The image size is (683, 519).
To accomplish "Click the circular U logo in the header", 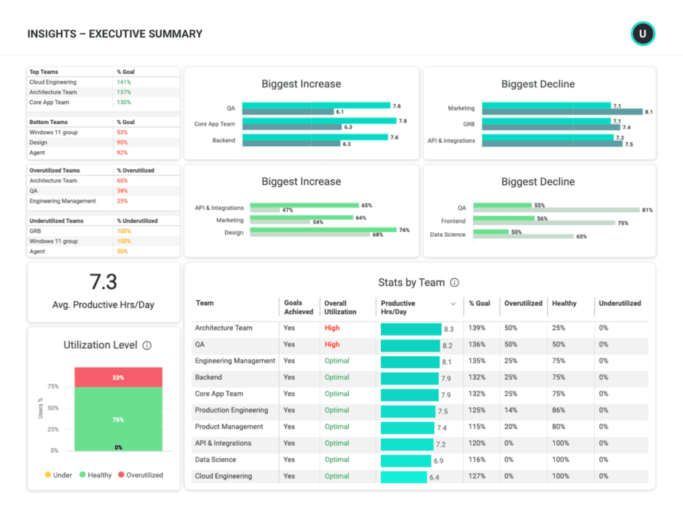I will point(643,33).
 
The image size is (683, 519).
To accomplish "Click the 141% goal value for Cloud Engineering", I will point(123,82).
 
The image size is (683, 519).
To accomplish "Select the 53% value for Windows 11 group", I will point(122,133).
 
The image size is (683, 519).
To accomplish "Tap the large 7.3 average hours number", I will point(103,282).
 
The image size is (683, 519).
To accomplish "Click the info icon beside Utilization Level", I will point(147,346).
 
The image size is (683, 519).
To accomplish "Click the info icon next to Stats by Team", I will point(454,283).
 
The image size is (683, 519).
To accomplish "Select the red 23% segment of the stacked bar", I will point(118,378).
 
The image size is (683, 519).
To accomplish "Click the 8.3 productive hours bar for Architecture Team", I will point(411,329).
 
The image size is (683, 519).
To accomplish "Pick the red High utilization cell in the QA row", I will point(332,345).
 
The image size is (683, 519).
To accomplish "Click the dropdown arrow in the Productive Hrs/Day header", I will point(454,304).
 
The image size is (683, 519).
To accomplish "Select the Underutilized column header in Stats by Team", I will point(620,304).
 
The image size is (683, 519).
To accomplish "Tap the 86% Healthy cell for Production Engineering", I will point(558,411).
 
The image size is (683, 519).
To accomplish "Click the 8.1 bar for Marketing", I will point(562,112).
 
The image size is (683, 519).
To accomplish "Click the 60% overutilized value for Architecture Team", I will point(122,181).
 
